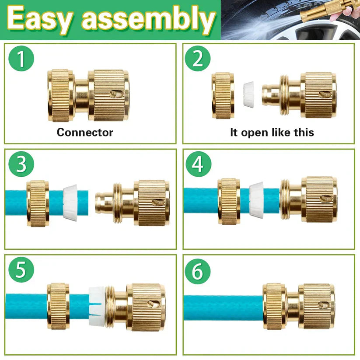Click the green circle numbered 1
(21, 59)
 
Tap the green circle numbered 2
(197, 59)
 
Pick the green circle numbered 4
(198, 164)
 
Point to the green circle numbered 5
(21, 270)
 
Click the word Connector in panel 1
(85, 132)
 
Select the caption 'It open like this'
(272, 132)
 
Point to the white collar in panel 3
(70, 202)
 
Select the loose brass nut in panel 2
(223, 95)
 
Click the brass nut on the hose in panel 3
(38, 203)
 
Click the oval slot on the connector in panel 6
(323, 304)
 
